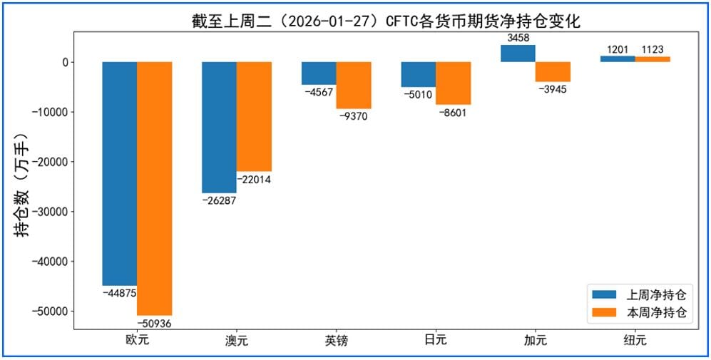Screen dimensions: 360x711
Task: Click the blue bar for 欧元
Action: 120,173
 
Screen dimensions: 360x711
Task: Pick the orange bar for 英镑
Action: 354,85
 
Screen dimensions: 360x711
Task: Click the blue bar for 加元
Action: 518,53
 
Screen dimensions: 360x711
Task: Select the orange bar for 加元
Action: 553,72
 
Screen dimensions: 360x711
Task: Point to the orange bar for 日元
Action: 454,83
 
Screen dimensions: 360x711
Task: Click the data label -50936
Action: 155,323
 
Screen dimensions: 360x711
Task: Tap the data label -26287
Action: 220,200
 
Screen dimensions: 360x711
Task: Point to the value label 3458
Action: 518,37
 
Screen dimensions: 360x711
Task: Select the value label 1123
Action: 653,49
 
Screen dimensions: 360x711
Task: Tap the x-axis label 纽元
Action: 635,340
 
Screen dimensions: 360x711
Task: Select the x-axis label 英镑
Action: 336,340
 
